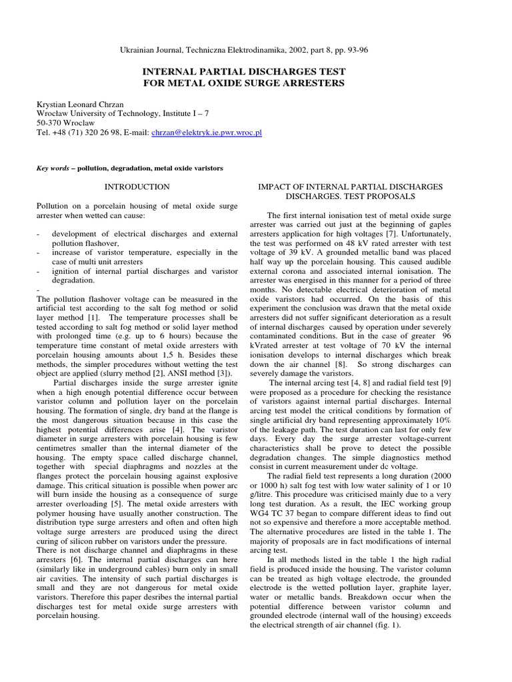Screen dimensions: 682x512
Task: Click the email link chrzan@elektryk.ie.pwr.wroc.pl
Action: point(207,133)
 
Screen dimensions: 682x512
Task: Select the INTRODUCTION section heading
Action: point(139,187)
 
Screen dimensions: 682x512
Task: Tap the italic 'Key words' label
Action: point(53,169)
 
